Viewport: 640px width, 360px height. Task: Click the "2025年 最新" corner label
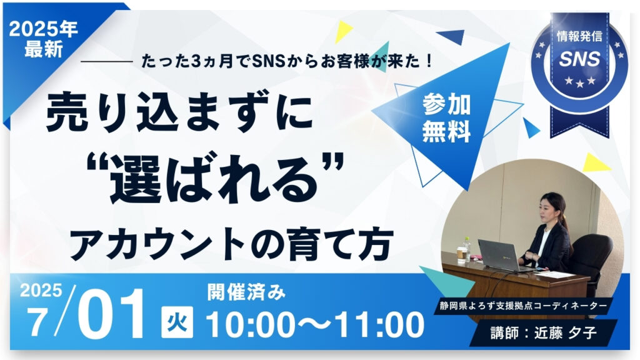[x=43, y=39]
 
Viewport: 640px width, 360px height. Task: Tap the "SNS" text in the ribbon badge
[x=579, y=59]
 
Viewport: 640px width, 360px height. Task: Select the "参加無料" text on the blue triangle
[x=446, y=118]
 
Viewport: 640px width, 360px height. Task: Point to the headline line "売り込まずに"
[x=179, y=113]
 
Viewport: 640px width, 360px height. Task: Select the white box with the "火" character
[x=177, y=322]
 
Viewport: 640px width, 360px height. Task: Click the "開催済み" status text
[x=246, y=292]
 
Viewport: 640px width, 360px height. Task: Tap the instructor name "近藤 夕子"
[x=566, y=332]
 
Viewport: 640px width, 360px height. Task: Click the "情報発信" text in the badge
[x=579, y=36]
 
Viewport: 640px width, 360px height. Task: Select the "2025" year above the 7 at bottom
[x=41, y=291]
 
